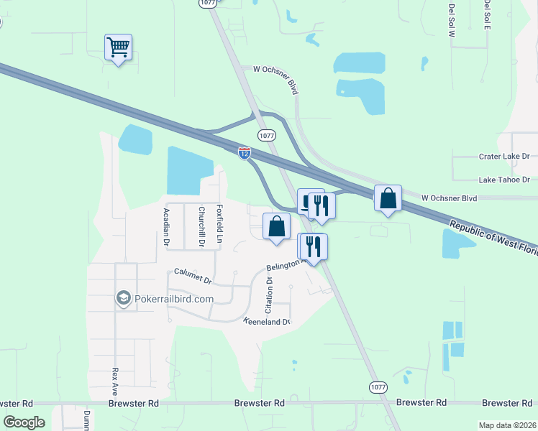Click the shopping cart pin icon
point(118,48)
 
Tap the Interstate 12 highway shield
point(245,152)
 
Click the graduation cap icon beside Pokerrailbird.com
point(123,298)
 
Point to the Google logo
point(24,422)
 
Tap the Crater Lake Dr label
point(504,156)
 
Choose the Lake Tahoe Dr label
point(504,180)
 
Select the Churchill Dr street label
point(202,228)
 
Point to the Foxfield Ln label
point(220,223)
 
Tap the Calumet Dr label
point(193,275)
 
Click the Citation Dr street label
point(269,295)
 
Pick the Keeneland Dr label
point(266,321)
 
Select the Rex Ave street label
point(114,383)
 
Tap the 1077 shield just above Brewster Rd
point(378,386)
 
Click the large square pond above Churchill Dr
point(190,170)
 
